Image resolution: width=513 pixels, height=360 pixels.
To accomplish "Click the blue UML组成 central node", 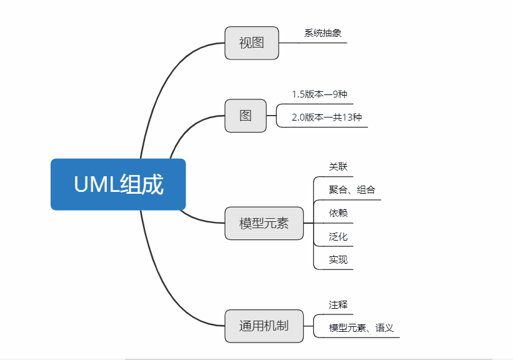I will tap(118, 184).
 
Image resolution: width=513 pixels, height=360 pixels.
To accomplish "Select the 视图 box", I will tap(252, 43).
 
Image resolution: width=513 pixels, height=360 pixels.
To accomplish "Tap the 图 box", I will tap(246, 116).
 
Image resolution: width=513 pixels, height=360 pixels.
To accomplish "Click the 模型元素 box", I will tap(264, 223).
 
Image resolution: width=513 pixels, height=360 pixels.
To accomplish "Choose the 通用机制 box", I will tap(264, 326).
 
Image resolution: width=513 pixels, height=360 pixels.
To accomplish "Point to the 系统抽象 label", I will tap(322, 33).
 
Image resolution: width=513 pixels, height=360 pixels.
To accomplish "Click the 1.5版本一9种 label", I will tap(319, 94).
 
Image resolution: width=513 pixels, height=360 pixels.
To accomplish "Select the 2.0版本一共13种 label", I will tap(327, 117).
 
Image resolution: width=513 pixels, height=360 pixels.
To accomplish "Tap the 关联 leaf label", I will tap(338, 167).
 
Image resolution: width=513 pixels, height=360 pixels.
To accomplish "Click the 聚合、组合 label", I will tap(352, 190).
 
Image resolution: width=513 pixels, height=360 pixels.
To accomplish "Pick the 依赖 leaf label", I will tap(338, 213).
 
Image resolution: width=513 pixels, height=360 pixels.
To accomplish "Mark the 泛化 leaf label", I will tap(338, 237).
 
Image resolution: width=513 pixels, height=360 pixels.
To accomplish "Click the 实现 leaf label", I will tap(338, 259).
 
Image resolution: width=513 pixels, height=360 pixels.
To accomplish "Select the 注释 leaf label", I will tap(338, 304).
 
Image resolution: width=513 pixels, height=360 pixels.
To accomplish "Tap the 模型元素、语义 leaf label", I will tap(361, 327).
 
